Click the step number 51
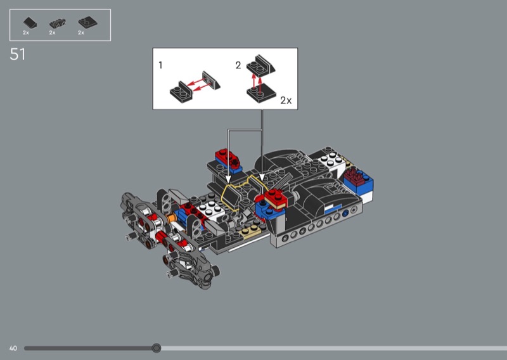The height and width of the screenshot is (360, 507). tap(18, 55)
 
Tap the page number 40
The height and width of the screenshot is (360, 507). tap(13, 349)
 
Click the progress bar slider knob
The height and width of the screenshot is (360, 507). tap(157, 348)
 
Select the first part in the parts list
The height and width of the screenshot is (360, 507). tap(30, 23)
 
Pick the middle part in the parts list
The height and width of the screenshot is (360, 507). tap(57, 23)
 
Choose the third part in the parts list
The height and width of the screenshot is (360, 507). tap(87, 23)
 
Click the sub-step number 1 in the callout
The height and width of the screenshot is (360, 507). tap(160, 65)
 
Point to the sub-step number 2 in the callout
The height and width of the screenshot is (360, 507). tap(238, 65)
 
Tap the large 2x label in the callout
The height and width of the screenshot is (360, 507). tap(286, 101)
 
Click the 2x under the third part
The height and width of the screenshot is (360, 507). tap(81, 33)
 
